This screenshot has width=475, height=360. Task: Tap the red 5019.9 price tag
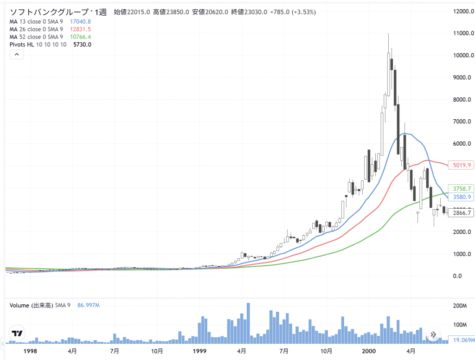pos(461,165)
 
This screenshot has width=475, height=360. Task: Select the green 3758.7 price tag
pos(461,189)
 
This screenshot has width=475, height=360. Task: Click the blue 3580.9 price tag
pos(461,197)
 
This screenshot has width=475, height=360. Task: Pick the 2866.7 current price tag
pos(461,212)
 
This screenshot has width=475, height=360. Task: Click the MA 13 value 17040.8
pos(80,21)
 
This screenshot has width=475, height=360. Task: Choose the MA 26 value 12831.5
pos(80,29)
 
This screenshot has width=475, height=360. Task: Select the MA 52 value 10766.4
pos(80,37)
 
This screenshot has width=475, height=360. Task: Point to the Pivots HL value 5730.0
pos(82,45)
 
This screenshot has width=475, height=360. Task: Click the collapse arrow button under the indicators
pos(16,55)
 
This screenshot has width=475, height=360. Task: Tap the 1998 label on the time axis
pos(30,351)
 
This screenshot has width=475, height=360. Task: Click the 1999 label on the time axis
pos(199,351)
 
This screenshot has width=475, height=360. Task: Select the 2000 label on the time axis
pos(369,351)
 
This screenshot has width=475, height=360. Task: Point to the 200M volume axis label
pos(460,306)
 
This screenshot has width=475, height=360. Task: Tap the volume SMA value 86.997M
pos(86,305)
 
